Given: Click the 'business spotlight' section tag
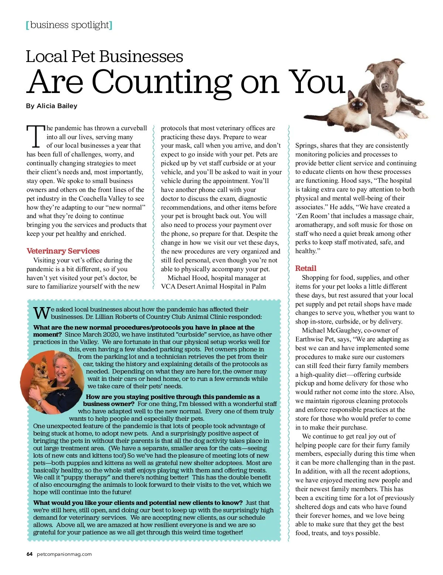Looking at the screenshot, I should pos(69,25).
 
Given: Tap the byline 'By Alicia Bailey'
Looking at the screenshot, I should pos(52,106).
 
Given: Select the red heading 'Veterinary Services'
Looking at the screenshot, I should pos(63,251).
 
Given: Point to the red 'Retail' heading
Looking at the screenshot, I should pos(306,268).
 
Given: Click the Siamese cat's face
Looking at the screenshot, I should pos(357,105).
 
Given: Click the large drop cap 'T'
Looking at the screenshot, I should pos(35,137).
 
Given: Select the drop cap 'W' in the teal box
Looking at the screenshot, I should pos(41,313).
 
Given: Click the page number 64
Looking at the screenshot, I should pos(30,554).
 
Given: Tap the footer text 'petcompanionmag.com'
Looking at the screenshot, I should pos(65,554).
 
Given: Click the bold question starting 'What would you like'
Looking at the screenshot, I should pos(138,503).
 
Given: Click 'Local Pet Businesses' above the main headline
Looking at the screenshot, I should pos(104,56).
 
